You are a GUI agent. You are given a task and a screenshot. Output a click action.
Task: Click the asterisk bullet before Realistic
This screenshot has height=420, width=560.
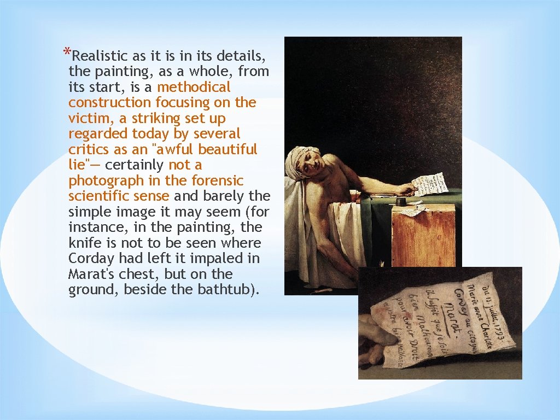tap(66, 53)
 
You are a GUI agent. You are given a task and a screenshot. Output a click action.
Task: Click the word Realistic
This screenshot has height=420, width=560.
tap(100, 56)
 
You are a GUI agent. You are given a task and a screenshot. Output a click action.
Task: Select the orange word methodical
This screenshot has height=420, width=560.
tap(194, 87)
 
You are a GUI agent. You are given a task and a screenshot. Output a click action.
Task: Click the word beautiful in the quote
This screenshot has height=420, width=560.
tap(227, 149)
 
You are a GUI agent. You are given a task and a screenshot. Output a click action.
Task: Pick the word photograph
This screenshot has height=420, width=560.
tap(106, 180)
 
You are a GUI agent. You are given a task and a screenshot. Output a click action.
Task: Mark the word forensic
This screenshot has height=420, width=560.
tap(217, 180)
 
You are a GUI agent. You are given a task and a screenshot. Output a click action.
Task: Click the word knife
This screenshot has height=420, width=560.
tap(84, 243)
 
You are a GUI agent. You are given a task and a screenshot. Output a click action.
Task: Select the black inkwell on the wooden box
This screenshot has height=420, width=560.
tap(401, 202)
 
